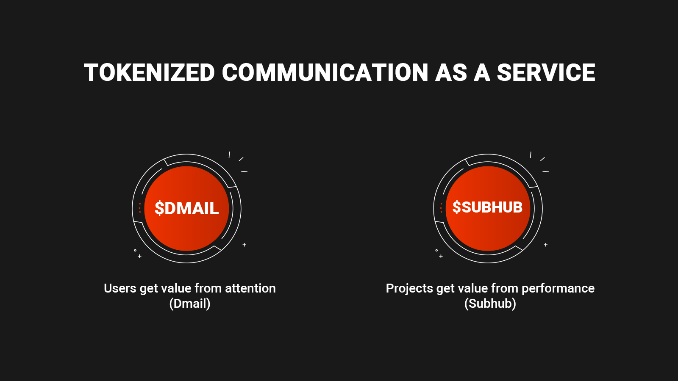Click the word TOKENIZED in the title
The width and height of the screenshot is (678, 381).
point(149,72)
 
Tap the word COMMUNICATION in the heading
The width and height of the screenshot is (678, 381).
point(325,72)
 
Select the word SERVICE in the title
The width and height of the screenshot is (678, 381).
point(546,72)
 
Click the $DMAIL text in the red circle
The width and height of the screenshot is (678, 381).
point(187,208)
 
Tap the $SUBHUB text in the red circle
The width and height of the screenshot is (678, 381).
point(487,207)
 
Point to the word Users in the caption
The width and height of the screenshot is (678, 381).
point(120,288)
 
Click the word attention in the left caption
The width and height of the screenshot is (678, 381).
point(250,288)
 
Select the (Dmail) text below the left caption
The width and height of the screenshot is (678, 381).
point(190,303)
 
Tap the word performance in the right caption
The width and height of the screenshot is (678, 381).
point(558,288)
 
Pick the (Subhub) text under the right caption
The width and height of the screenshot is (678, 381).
point(490,303)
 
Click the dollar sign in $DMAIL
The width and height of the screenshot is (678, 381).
point(159,208)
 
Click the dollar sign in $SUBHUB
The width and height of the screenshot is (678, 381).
point(456,207)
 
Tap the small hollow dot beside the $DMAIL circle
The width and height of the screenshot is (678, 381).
point(135,250)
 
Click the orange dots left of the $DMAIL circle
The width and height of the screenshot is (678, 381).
point(139,208)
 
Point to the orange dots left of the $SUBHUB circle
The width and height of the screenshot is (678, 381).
point(441,208)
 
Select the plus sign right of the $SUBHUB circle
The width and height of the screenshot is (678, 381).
point(545,245)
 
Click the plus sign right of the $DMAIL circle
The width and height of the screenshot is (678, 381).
point(244,245)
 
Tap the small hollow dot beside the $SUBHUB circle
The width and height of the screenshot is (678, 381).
point(436,250)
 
